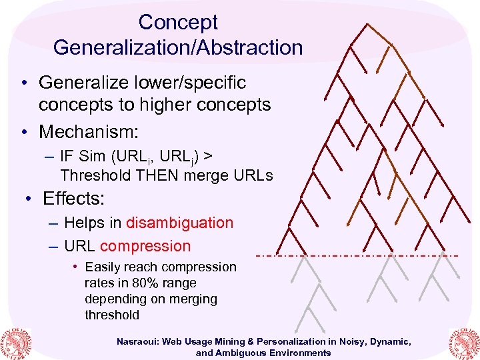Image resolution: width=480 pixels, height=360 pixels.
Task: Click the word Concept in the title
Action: coord(178,22)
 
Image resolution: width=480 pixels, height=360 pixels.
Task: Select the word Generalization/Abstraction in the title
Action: coord(178,47)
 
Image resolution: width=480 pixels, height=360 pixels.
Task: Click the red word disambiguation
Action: coord(179,223)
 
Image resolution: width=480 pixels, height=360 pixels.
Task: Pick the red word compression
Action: coord(145,246)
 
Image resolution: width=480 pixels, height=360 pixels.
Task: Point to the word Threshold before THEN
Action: coord(93,176)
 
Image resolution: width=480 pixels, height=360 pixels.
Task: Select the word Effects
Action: coord(73,199)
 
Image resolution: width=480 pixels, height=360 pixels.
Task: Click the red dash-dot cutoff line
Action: coord(357,256)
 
